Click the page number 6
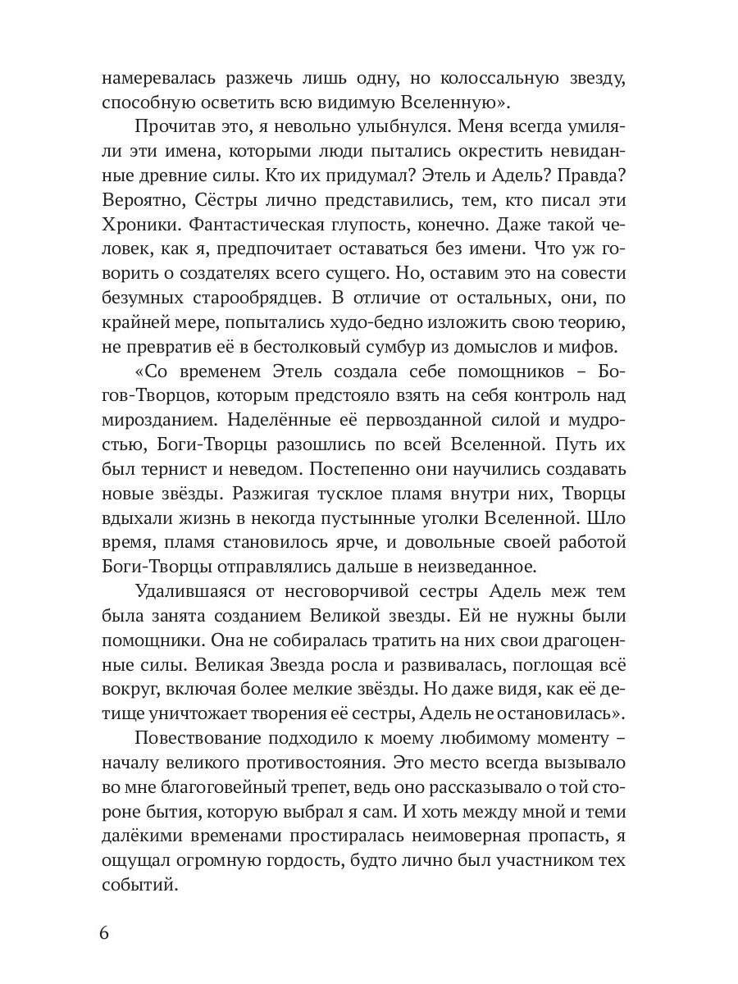point(104,933)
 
